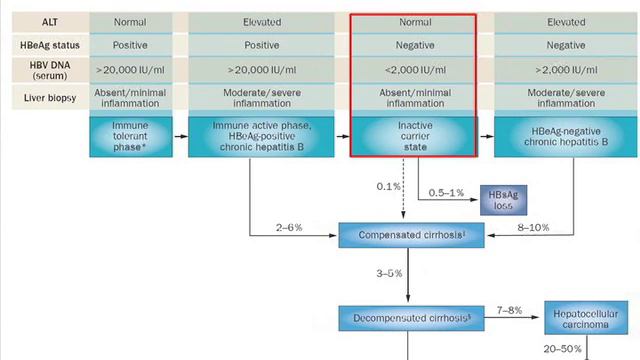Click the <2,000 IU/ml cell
(x=412, y=70)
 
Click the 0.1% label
(x=388, y=187)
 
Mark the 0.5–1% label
(x=446, y=192)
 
